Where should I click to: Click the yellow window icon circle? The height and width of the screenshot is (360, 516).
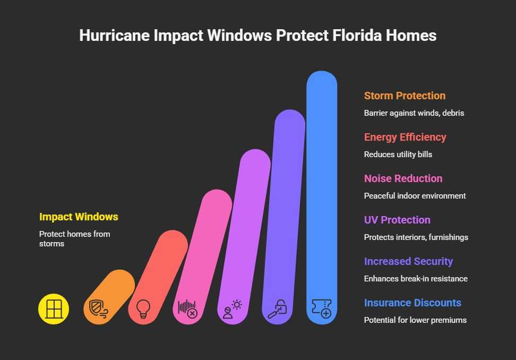pos(54,308)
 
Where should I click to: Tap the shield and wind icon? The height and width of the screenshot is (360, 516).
pos(98,308)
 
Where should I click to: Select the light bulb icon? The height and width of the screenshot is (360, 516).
pos(143,308)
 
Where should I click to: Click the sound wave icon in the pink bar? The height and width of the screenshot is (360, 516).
pos(187,308)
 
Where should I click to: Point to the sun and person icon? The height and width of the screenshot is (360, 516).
pos(232,308)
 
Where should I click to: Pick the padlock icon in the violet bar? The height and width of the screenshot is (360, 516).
pos(277,308)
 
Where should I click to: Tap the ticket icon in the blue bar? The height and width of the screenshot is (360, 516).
pos(321,308)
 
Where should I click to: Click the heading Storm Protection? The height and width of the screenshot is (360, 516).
pos(405,96)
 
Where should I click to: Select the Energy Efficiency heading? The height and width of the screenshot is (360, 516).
pos(405,137)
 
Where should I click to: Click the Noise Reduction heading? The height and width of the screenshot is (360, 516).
pos(403,178)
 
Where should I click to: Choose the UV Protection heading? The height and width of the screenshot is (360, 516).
pos(397,220)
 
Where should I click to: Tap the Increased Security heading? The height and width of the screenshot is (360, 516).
pos(408,261)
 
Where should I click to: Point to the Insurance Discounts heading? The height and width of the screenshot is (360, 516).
pos(412,303)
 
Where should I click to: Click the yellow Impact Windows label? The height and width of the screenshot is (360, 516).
pos(79,217)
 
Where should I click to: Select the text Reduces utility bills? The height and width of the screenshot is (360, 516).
pos(398,155)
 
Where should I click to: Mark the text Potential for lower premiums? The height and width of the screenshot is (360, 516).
pos(415,320)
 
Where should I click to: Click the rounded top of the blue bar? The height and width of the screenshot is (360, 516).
pos(322,80)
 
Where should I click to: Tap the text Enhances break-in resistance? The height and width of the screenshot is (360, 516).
pos(416,279)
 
